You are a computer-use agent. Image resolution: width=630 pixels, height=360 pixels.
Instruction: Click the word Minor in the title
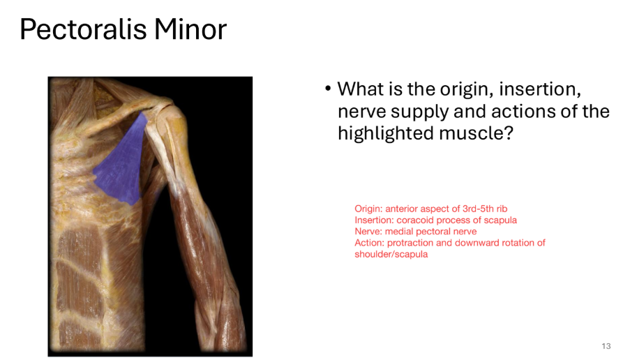[x=190, y=29]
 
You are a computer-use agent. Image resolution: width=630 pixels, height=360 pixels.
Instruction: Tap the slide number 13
[x=606, y=347]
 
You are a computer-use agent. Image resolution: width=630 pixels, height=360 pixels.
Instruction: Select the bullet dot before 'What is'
[x=327, y=90]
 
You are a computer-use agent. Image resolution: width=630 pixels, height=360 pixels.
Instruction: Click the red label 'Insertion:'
[x=375, y=220]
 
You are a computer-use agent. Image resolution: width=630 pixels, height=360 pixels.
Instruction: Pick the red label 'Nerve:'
[x=368, y=231]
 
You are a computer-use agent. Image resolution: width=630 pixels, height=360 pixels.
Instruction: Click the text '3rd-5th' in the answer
[x=469, y=209]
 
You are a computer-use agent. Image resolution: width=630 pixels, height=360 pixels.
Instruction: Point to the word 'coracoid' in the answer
[x=415, y=220]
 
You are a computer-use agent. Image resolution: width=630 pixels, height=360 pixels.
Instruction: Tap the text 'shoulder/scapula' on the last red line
[x=391, y=254]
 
